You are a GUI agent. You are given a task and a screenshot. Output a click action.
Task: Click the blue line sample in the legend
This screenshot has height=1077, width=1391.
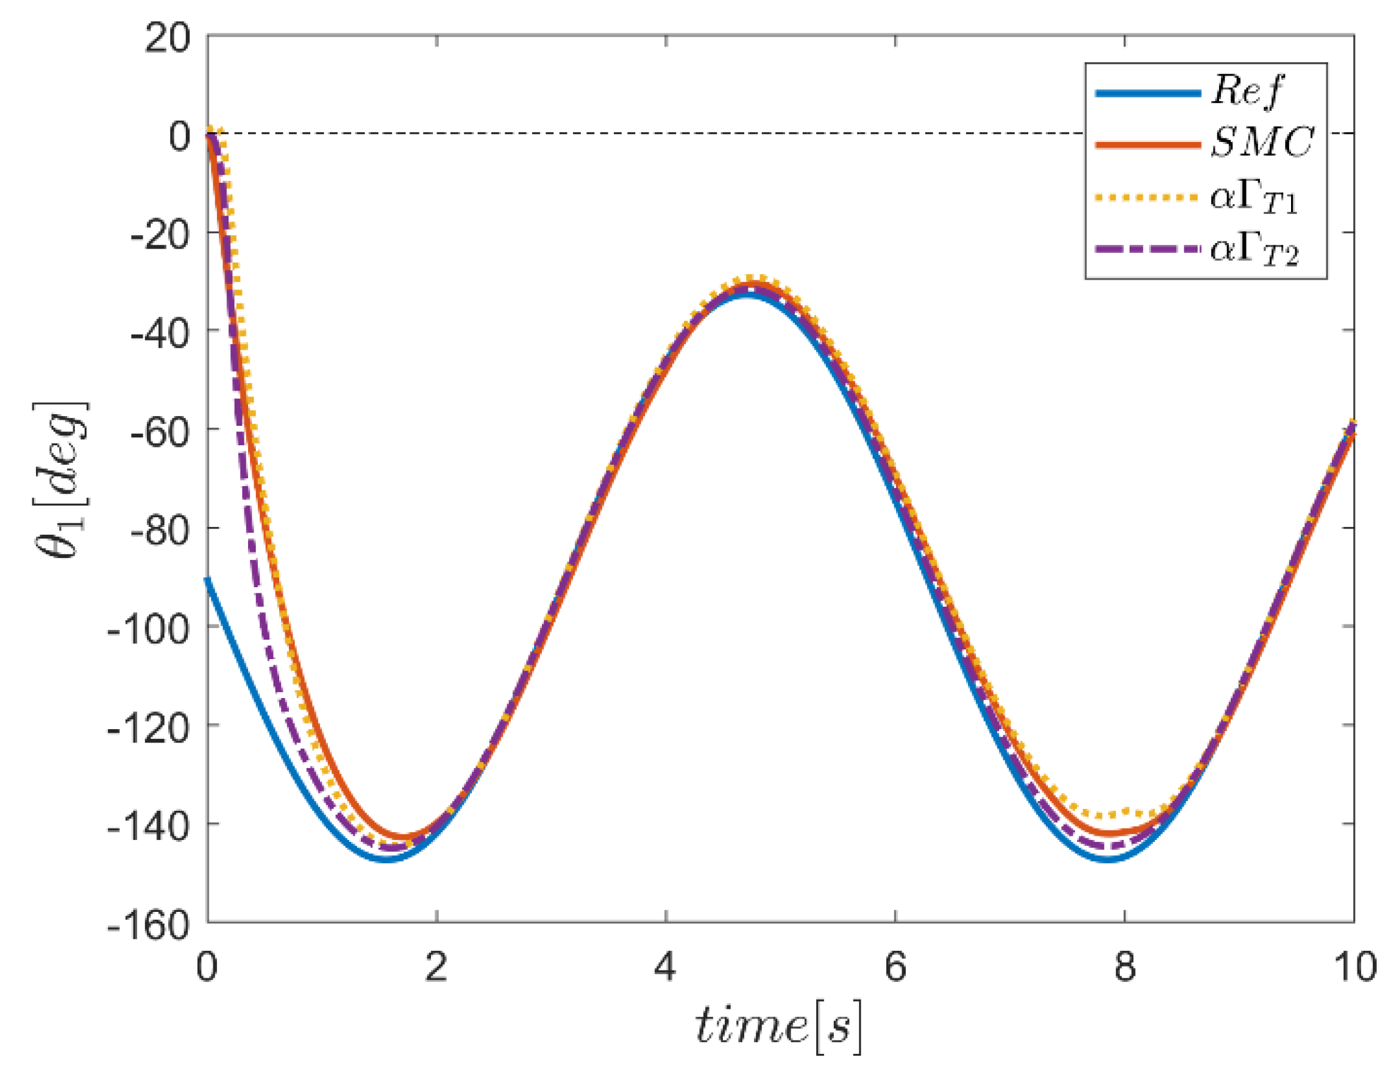click(1147, 93)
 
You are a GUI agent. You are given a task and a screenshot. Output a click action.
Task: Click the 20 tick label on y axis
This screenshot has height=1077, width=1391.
click(167, 38)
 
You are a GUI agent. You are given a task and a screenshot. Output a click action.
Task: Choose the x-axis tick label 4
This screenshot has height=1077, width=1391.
click(665, 966)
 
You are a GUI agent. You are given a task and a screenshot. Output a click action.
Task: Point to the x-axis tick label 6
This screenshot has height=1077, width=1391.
click(895, 966)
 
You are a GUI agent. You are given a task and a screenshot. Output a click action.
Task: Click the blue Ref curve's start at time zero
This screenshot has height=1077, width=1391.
click(208, 579)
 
